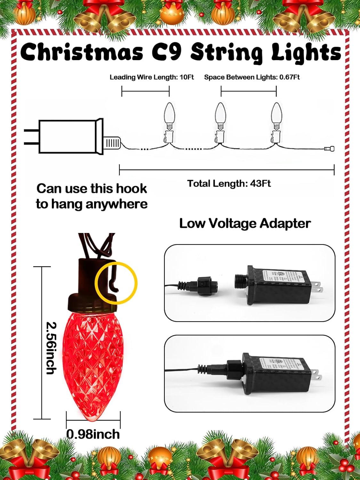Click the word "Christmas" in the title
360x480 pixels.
point(82,52)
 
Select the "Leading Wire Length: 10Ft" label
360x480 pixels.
point(152,77)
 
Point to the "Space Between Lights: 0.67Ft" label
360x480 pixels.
point(252,77)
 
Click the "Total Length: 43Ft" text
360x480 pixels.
point(229,184)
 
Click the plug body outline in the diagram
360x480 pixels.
point(67,137)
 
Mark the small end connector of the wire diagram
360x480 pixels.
point(329,148)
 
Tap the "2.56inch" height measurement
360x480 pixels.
point(52,348)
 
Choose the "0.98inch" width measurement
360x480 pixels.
point(93,434)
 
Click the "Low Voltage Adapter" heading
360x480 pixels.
point(245,223)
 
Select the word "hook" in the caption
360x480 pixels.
point(132,188)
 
